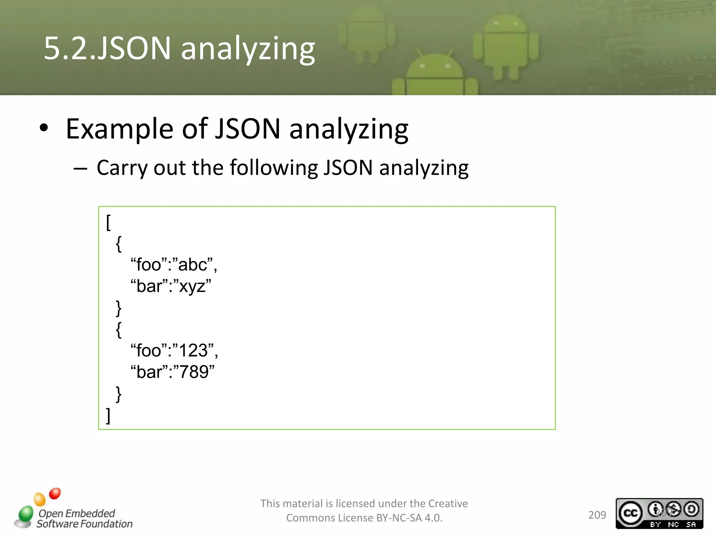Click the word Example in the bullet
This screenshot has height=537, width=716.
point(119,129)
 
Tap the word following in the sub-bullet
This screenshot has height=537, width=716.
point(273,167)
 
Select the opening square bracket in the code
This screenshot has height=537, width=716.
point(108,223)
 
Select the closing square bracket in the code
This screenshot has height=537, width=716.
point(108,415)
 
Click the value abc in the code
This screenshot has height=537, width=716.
point(192,265)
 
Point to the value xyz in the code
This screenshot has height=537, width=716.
point(192,286)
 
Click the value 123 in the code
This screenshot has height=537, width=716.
point(193,350)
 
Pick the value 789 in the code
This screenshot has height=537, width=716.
point(193,372)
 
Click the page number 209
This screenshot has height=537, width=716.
point(597,515)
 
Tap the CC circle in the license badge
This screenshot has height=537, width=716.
point(630,513)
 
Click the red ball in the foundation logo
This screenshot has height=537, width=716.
point(55,493)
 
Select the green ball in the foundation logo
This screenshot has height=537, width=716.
point(26,513)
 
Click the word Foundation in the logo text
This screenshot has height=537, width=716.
point(106,524)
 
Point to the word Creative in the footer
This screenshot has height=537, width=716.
point(448,503)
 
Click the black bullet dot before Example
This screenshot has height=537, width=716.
point(43,128)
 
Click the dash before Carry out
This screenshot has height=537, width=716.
point(80,169)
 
